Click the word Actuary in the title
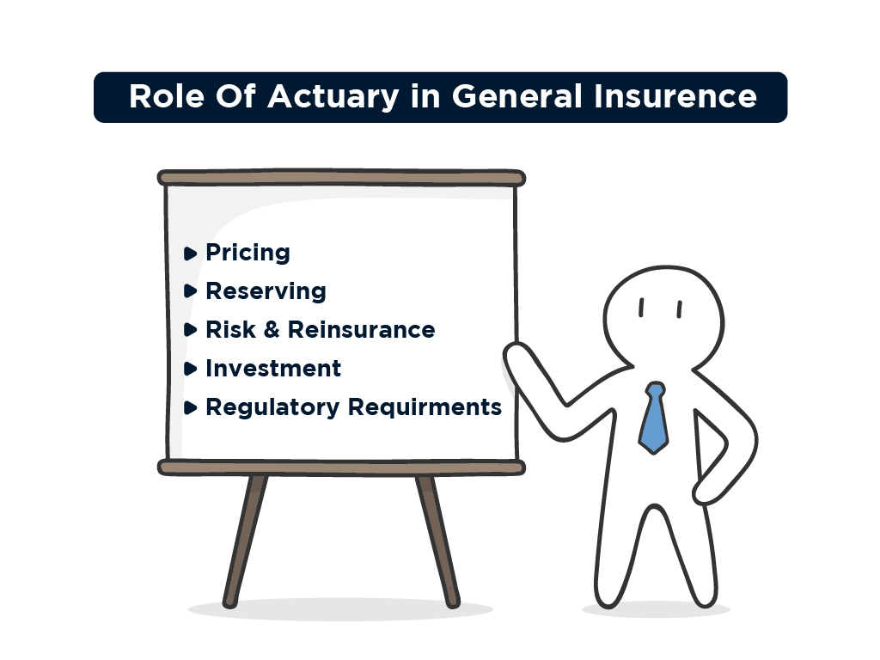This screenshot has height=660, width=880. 333,97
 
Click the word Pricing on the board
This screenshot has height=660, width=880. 247,253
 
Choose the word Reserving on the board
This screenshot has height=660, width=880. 266,291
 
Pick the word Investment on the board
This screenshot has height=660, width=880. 272,369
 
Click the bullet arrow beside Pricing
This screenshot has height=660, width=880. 190,254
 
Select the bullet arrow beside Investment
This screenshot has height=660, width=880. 190,370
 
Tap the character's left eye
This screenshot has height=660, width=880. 641,308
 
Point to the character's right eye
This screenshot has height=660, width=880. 678,308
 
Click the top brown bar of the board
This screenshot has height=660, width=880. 341,178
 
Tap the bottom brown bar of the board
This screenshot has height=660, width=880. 341,467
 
